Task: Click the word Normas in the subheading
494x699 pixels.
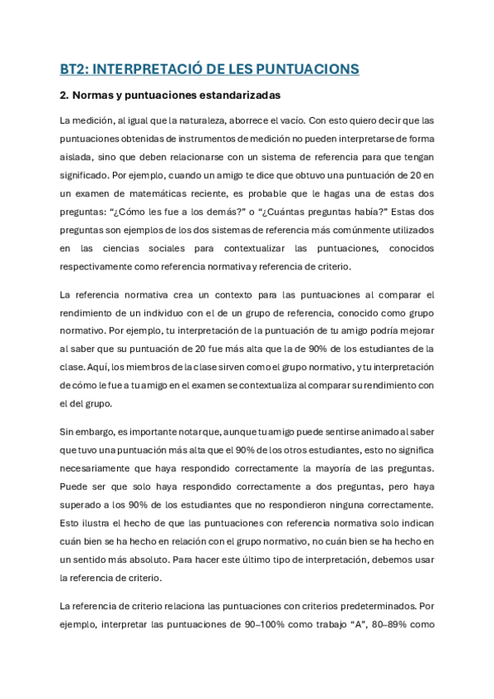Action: coord(93,95)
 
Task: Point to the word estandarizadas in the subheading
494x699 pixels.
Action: coord(237,95)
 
